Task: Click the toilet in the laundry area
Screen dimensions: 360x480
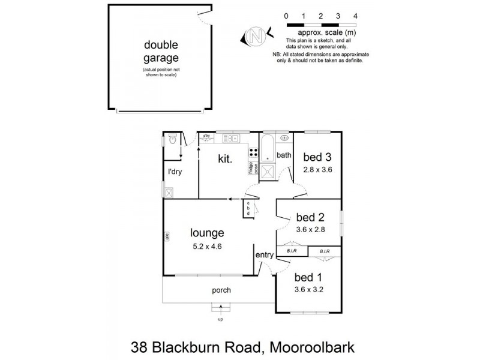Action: [172, 141]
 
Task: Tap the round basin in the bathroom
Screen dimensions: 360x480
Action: [284, 137]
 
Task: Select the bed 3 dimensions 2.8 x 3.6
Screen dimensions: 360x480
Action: [317, 170]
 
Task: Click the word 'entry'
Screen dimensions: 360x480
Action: [265, 255]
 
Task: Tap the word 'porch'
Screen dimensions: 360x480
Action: [221, 290]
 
